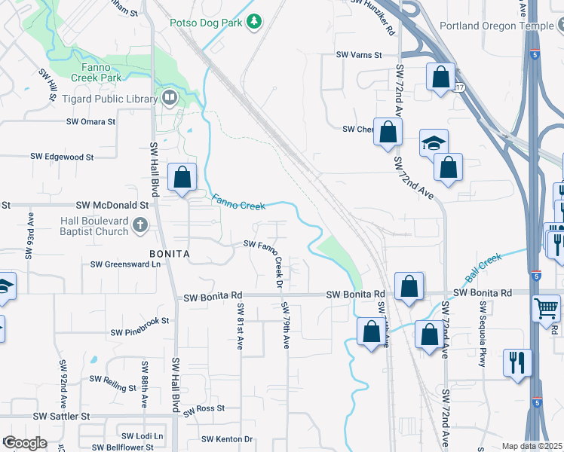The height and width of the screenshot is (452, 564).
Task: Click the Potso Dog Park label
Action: (x=206, y=23)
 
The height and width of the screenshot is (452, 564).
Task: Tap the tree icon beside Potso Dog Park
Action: (x=255, y=23)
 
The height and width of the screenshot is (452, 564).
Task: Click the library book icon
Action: (x=169, y=97)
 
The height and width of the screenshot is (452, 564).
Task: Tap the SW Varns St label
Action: (x=360, y=55)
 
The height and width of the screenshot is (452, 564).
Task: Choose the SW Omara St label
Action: (x=90, y=121)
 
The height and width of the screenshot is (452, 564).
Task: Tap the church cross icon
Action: (x=139, y=224)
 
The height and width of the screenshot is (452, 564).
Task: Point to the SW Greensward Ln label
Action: (x=126, y=264)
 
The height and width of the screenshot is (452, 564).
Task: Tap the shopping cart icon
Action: (x=546, y=307)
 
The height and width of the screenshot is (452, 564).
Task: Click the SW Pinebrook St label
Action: (x=140, y=331)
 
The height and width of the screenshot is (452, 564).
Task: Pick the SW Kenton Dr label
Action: (x=227, y=439)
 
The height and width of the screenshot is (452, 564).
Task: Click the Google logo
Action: (x=24, y=443)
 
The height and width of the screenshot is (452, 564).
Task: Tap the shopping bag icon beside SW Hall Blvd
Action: (x=182, y=179)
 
